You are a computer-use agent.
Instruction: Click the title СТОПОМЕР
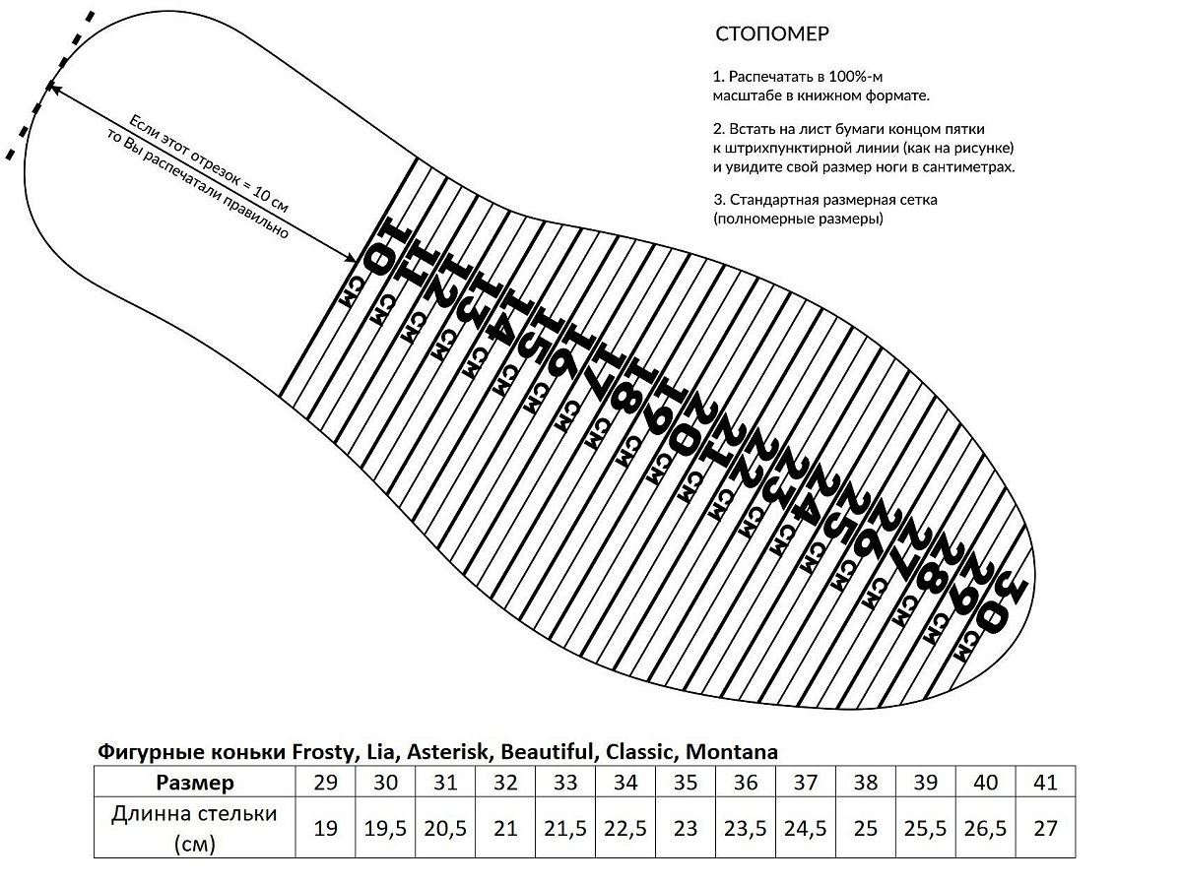pyautogui.click(x=771, y=33)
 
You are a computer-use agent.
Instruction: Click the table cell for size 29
pyautogui.click(x=325, y=782)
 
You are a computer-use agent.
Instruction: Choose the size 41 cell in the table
pyautogui.click(x=1046, y=782)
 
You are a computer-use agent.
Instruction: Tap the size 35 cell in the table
pyautogui.click(x=686, y=782)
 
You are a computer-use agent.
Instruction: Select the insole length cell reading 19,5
pyautogui.click(x=385, y=828)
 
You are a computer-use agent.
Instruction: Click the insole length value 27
pyautogui.click(x=1046, y=828)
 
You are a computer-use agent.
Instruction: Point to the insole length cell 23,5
pyautogui.click(x=746, y=828)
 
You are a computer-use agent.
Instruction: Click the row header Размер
pyautogui.click(x=195, y=783)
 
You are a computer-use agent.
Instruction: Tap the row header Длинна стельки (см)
pyautogui.click(x=194, y=828)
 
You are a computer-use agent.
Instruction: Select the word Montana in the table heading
pyautogui.click(x=731, y=752)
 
